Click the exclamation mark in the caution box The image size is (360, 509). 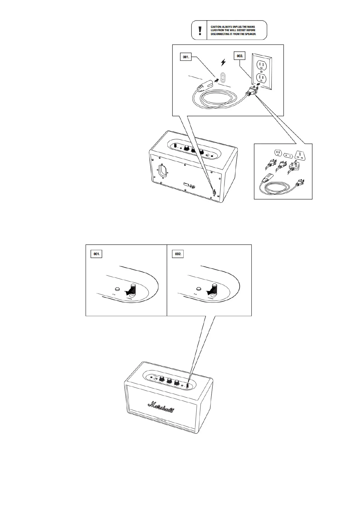click(199, 30)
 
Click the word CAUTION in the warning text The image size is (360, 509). click(217, 27)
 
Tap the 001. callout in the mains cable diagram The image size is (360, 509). click(186, 57)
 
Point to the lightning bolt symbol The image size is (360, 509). click(223, 63)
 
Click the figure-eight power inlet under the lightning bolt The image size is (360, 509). click(224, 78)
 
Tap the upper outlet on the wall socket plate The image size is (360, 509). click(261, 65)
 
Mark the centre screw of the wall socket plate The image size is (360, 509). click(261, 72)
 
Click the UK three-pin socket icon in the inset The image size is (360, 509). click(300, 154)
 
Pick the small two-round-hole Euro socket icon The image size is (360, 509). click(288, 153)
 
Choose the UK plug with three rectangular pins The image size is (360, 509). click(293, 166)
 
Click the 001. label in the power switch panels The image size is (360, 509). click(97, 254)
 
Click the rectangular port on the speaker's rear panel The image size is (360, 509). click(186, 184)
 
